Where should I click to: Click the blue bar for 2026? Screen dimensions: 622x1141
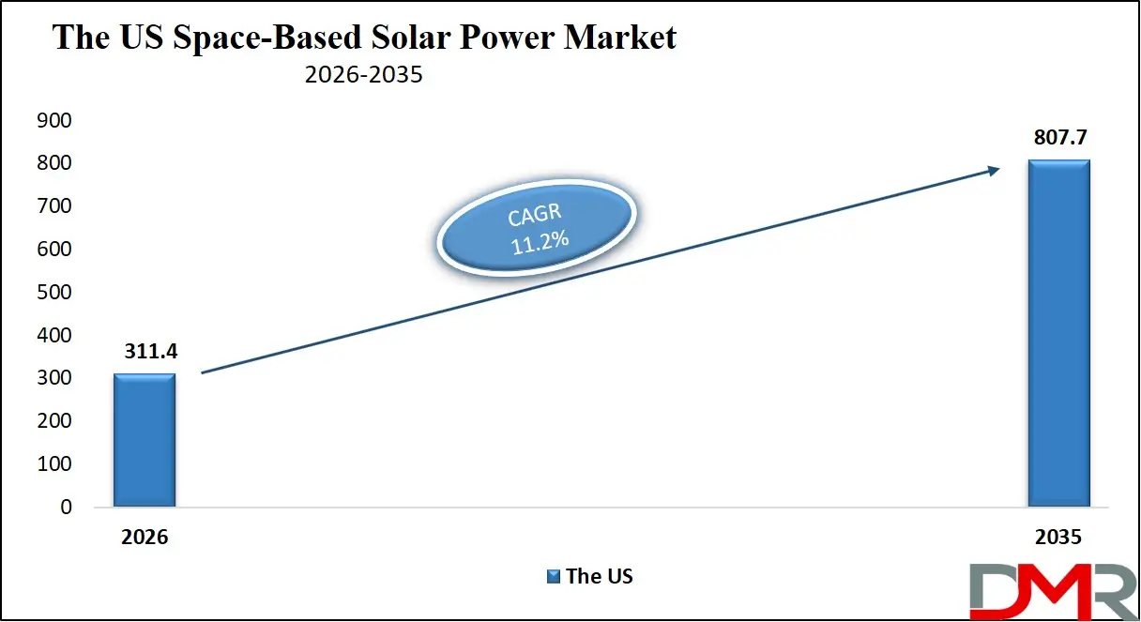(x=145, y=440)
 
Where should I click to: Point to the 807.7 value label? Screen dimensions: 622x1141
(x=1059, y=138)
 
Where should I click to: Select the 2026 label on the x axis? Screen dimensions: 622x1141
(x=144, y=538)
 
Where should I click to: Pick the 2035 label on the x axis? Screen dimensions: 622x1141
(x=1059, y=538)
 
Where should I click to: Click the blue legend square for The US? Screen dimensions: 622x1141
(x=554, y=576)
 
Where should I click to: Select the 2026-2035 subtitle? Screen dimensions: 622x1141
(x=364, y=75)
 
